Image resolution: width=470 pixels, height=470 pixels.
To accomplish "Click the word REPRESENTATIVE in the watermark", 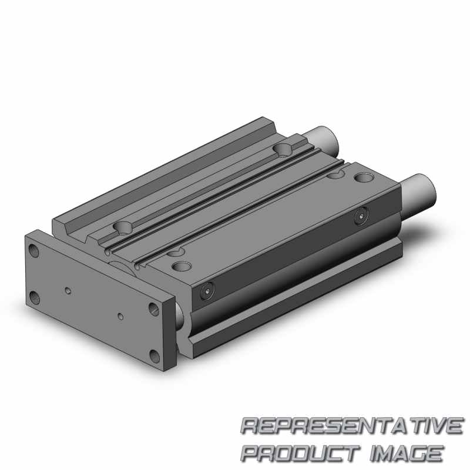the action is click(351, 426).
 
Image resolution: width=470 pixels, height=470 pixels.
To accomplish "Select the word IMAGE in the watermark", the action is click(406, 452).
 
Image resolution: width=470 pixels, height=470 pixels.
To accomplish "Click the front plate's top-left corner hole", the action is click(34, 251).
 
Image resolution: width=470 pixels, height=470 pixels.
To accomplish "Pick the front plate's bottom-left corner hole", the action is click(35, 298).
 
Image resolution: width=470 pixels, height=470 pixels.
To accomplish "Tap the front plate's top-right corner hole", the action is click(154, 309).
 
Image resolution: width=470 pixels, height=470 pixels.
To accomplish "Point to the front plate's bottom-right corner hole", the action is click(155, 356).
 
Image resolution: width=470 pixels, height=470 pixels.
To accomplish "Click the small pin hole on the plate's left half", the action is click(68, 290).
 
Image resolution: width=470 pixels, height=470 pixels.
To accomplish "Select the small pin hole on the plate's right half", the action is click(120, 316).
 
